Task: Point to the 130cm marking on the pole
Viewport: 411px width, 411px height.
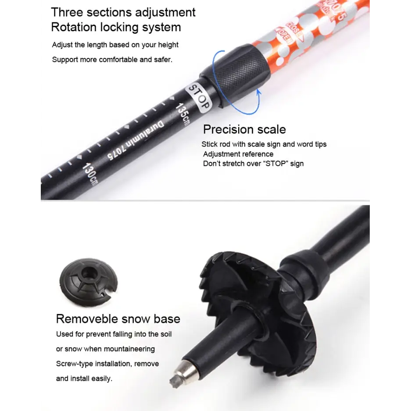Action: (x=90, y=174)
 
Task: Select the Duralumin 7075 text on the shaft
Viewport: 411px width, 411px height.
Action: (x=136, y=140)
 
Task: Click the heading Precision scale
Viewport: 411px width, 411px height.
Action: (x=244, y=129)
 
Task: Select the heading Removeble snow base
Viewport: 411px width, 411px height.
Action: (x=118, y=319)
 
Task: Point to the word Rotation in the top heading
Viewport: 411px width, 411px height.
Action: (x=74, y=27)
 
